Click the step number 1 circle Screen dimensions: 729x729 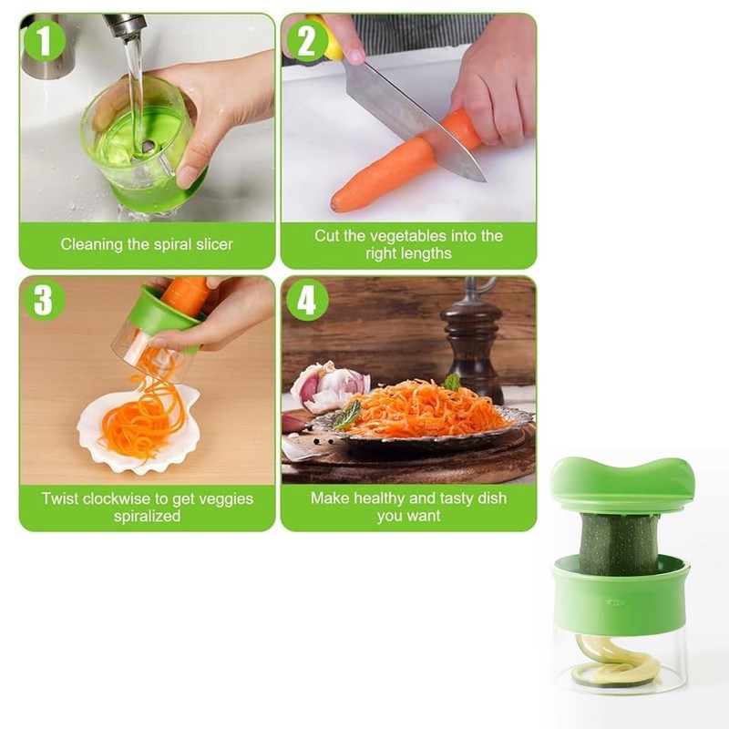44,40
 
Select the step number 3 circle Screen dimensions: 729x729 44,301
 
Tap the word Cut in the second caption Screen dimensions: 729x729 327,236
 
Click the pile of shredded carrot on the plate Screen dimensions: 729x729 424,408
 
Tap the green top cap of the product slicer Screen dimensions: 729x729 622,480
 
